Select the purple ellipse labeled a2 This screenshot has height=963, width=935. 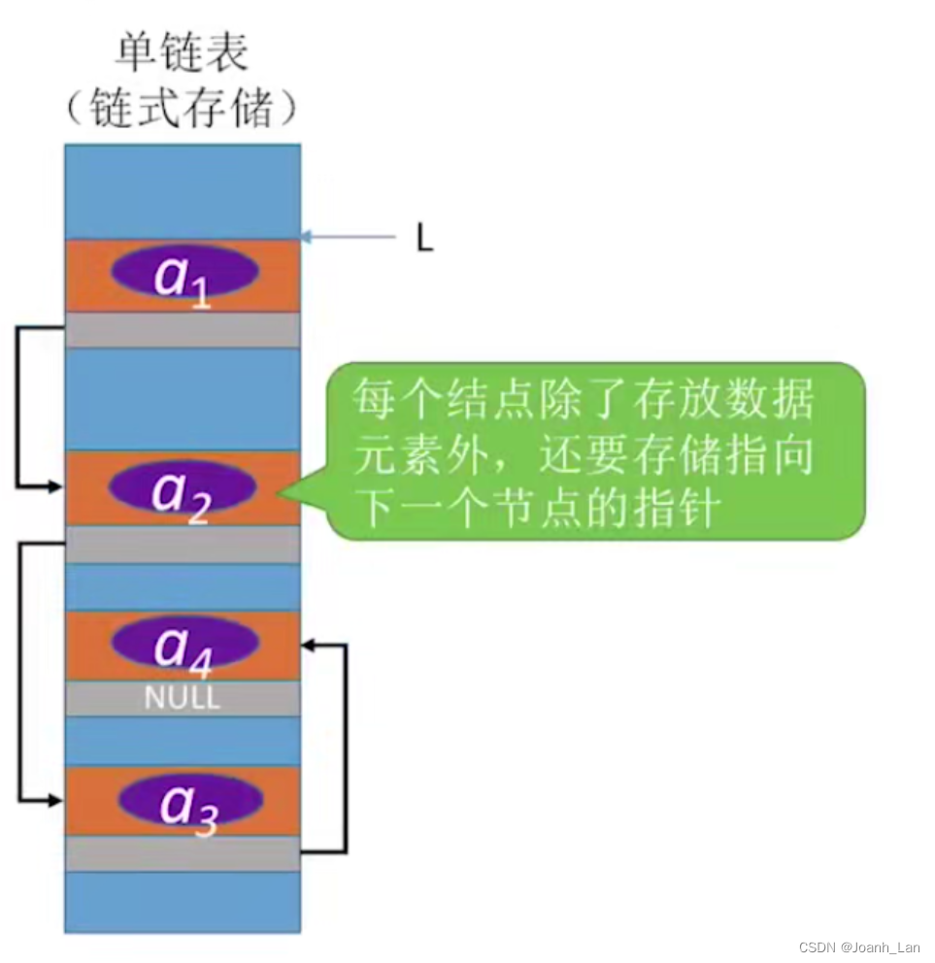(x=183, y=487)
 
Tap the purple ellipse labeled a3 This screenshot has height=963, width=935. (x=190, y=800)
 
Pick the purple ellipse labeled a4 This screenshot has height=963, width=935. (x=184, y=643)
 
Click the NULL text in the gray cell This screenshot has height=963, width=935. (x=183, y=697)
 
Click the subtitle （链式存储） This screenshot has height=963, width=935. (x=182, y=111)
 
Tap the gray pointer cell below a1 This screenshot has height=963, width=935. (x=183, y=330)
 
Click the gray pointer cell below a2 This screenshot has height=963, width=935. (x=183, y=545)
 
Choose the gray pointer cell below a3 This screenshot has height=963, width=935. (x=183, y=853)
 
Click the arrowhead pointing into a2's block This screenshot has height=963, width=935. (x=55, y=485)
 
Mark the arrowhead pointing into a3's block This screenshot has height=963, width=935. (x=55, y=800)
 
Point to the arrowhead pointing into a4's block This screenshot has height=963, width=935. (x=309, y=644)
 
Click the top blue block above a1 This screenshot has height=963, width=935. (x=183, y=191)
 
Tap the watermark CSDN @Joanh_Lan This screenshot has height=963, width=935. (x=858, y=947)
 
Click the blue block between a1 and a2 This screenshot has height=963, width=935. (x=183, y=399)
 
